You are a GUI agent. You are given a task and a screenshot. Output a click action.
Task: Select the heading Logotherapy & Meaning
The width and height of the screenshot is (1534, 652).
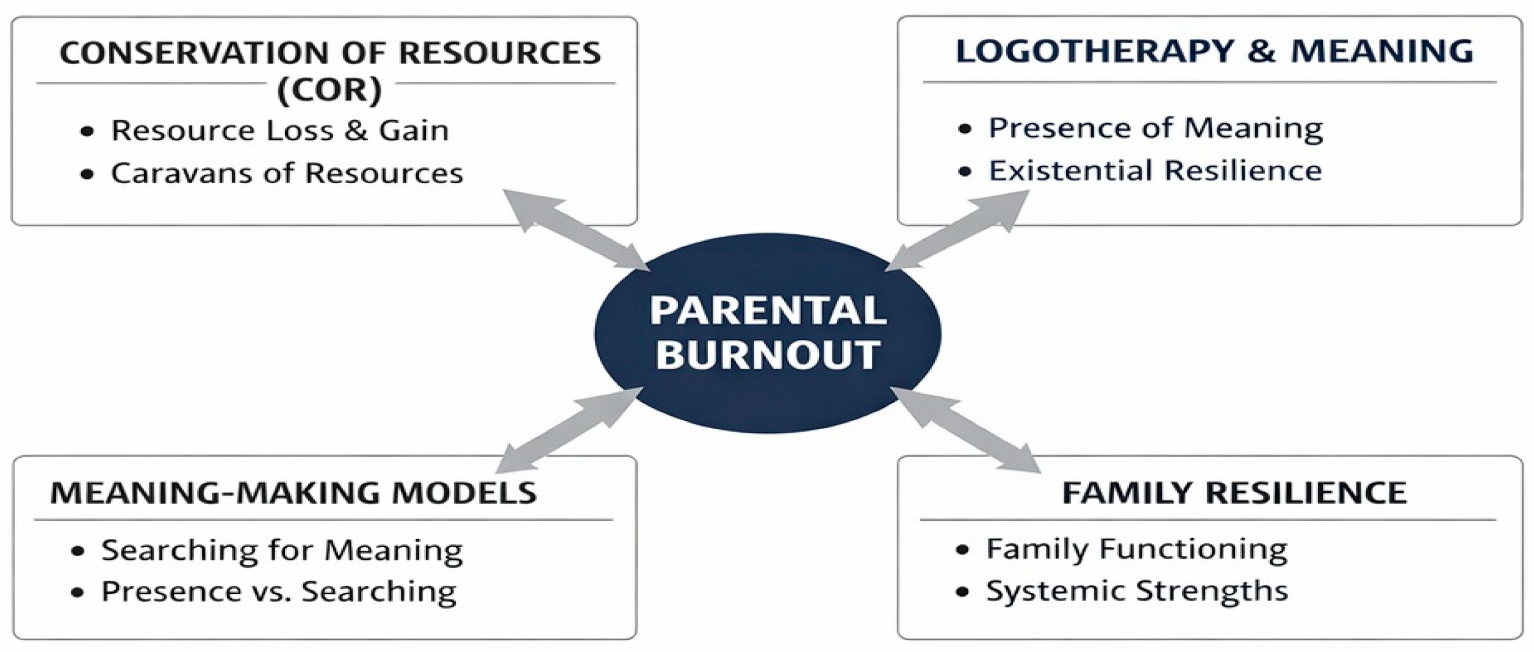click(x=1214, y=51)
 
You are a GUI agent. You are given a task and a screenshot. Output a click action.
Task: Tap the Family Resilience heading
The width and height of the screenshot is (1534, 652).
click(x=1234, y=493)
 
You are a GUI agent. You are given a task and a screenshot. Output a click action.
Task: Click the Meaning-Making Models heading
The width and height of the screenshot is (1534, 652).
click(x=293, y=493)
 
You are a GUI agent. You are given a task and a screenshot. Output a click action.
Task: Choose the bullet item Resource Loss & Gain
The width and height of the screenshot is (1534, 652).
click(x=279, y=131)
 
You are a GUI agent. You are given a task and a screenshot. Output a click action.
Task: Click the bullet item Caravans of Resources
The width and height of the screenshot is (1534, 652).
click(x=286, y=173)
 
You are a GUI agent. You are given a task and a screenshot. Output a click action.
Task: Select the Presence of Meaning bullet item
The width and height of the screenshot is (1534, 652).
click(x=1155, y=128)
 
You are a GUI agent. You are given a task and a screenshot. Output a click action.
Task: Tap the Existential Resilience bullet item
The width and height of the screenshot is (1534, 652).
click(x=1154, y=170)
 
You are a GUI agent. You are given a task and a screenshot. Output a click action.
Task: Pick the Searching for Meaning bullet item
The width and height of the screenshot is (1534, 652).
click(x=282, y=550)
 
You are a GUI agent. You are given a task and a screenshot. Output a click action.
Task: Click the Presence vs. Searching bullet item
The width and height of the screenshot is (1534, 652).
click(x=278, y=592)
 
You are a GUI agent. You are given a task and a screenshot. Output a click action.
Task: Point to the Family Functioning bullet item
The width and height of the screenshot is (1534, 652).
click(x=1136, y=549)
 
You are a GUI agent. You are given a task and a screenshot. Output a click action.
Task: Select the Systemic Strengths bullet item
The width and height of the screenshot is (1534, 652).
click(x=1137, y=591)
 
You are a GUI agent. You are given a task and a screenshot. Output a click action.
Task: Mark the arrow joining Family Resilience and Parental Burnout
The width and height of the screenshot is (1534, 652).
click(x=965, y=430)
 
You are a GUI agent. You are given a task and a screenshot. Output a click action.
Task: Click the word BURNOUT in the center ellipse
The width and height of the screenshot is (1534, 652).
click(x=768, y=355)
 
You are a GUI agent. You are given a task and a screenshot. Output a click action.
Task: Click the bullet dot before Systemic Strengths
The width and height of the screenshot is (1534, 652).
click(x=962, y=592)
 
